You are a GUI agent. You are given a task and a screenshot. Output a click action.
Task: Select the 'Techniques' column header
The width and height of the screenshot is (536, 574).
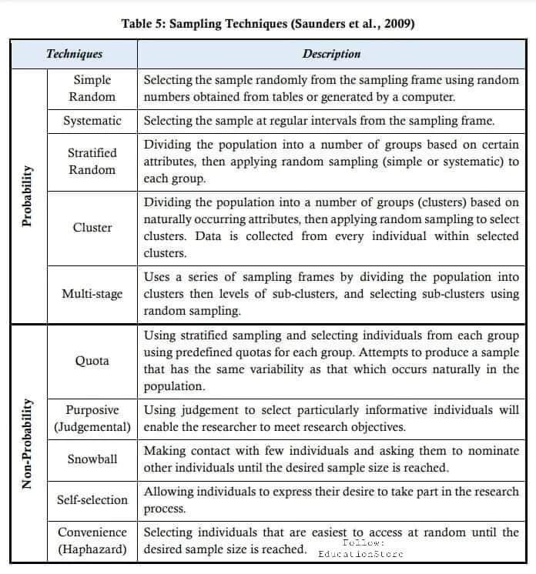(74, 54)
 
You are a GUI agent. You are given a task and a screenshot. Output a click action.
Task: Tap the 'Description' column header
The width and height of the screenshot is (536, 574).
(331, 54)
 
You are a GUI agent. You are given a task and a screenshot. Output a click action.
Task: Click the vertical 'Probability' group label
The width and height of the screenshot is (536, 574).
(27, 195)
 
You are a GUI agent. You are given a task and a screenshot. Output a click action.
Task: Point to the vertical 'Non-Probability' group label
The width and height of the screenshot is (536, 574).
(27, 444)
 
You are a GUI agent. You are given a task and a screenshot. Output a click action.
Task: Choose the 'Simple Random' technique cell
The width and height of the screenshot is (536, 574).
(92, 88)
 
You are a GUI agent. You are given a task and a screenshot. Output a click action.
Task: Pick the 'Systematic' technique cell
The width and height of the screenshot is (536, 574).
(92, 121)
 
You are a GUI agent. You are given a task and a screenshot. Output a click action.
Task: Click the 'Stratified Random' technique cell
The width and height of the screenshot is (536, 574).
(92, 162)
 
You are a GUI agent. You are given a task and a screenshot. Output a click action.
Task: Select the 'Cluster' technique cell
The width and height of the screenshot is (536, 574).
(92, 228)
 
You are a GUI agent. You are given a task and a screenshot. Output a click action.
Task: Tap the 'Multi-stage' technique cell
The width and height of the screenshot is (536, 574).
(92, 294)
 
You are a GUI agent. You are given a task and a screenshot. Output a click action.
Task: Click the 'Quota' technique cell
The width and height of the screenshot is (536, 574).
(92, 361)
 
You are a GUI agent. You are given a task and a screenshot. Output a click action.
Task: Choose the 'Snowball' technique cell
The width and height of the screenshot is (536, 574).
(92, 459)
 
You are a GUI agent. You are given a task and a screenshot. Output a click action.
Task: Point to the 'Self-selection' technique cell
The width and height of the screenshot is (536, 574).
(92, 500)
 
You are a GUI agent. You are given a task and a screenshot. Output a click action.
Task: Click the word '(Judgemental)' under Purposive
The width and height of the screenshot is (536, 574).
(92, 426)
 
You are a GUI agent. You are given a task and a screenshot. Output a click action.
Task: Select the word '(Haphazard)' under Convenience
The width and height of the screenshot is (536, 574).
(92, 550)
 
